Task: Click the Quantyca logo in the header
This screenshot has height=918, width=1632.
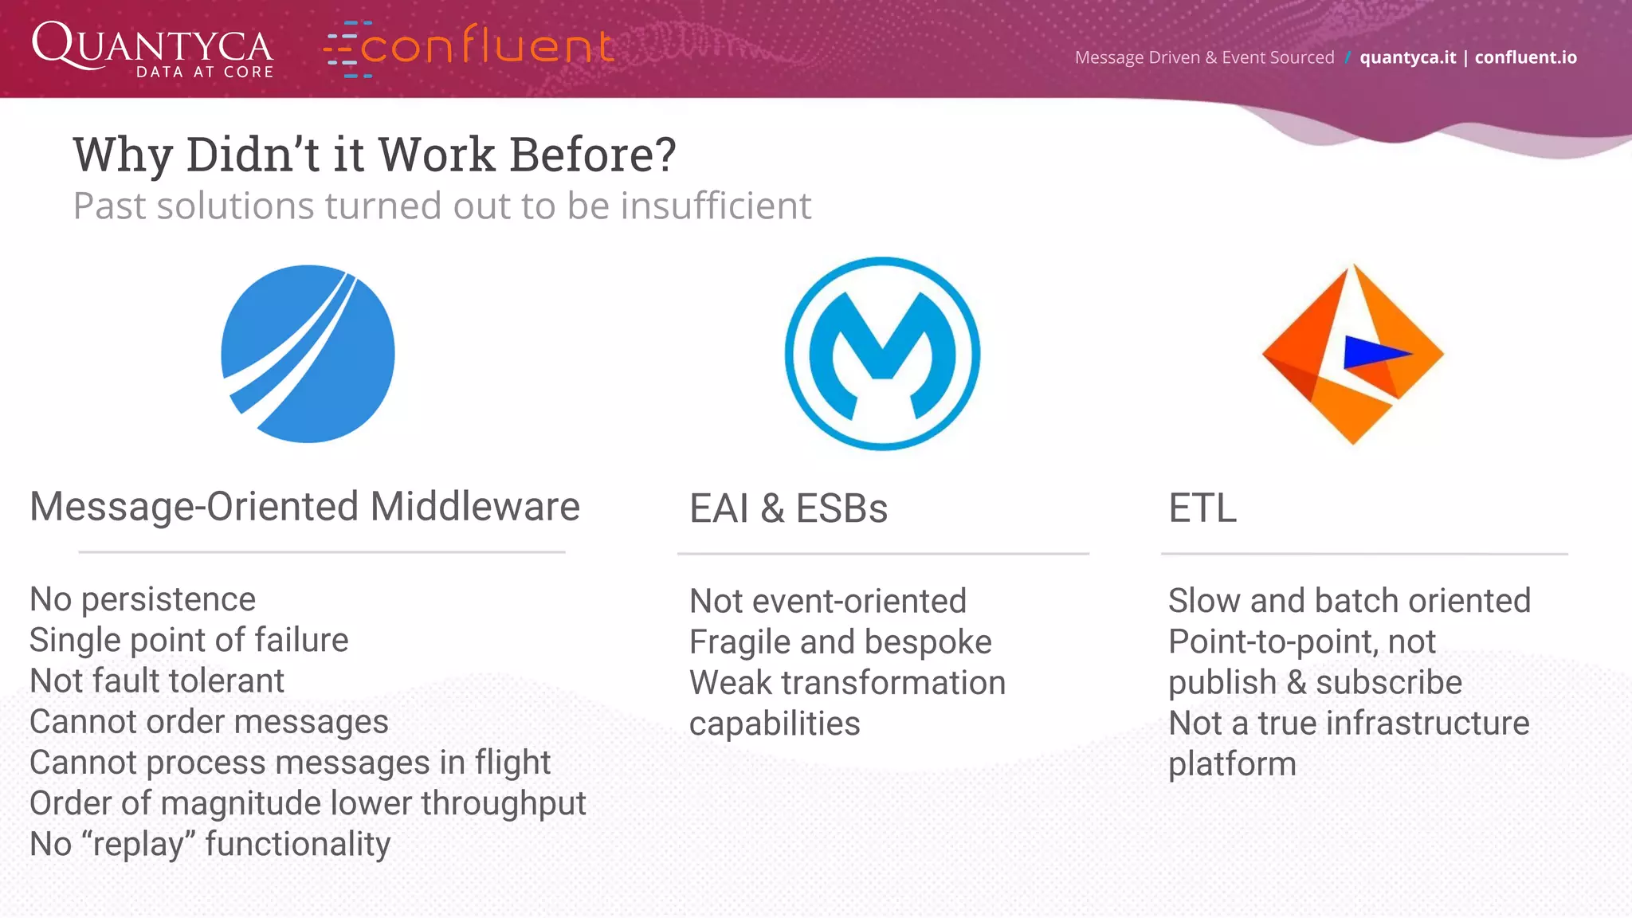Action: point(152,49)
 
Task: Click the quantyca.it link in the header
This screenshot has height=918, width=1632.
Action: point(1407,57)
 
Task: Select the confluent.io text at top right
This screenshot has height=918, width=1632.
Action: point(1525,57)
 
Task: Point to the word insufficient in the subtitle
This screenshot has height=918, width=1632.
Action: point(716,206)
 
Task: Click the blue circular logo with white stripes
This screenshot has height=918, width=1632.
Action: point(308,354)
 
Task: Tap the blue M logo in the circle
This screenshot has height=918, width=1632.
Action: point(882,354)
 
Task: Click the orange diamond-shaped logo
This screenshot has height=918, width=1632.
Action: point(1352,354)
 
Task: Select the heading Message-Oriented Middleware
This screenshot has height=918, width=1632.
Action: point(304,507)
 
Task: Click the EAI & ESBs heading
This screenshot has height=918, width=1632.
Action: point(788,508)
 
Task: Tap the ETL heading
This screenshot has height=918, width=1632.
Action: point(1202,508)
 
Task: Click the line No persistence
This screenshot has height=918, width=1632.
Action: point(143,599)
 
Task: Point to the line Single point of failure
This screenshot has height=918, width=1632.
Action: point(189,640)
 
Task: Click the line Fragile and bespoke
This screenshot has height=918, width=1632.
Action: point(840,642)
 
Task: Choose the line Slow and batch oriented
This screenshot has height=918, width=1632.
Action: point(1349,601)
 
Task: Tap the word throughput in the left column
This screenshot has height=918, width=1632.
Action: point(504,804)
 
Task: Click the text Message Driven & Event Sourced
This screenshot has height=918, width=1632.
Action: point(1204,57)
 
